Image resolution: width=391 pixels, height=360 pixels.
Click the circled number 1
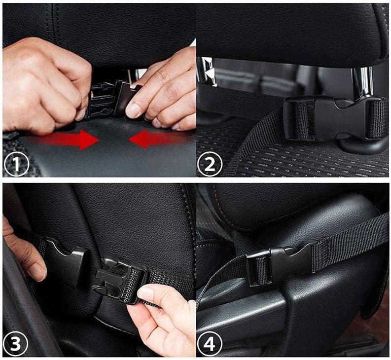pyautogui.click(x=16, y=164)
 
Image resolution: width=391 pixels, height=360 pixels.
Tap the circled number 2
pyautogui.click(x=210, y=164)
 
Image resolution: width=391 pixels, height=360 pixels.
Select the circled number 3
pyautogui.click(x=16, y=343)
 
